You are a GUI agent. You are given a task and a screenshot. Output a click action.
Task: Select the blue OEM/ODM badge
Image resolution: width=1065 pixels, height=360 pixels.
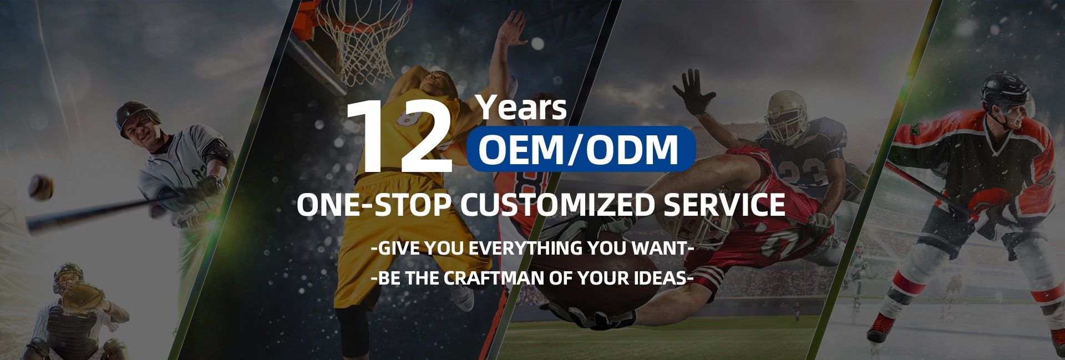[x=581, y=149]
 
